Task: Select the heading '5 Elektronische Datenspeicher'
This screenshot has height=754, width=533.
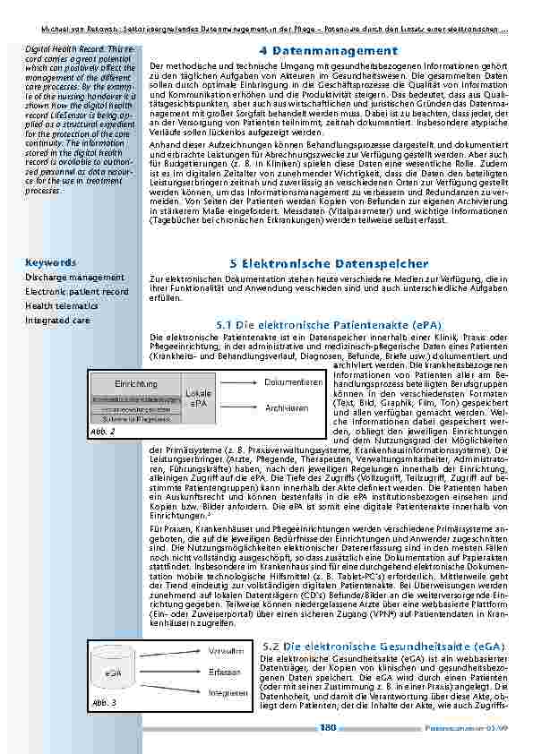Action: (329, 264)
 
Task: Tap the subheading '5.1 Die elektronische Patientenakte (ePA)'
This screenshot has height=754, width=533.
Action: (329, 323)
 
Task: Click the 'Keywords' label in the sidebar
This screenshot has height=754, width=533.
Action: (50, 263)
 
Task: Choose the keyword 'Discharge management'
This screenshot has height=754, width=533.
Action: (74, 278)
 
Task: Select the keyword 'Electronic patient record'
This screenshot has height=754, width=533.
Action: (77, 292)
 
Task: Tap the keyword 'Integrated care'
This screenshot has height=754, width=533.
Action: (57, 320)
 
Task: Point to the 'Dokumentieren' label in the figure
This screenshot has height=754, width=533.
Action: (294, 381)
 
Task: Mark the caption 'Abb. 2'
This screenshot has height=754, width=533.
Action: (104, 432)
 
